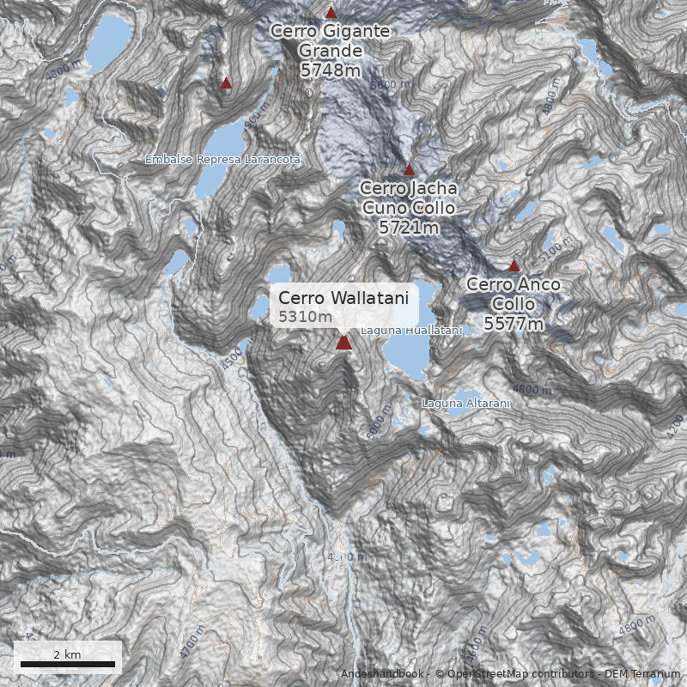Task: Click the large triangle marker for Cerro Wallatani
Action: [343, 343]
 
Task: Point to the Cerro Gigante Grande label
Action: [331, 41]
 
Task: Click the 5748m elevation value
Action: [331, 70]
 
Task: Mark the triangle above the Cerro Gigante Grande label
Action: [331, 12]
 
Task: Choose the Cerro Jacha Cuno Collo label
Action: [409, 198]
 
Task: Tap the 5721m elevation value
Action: [409, 228]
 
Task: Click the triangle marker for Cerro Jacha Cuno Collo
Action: [409, 169]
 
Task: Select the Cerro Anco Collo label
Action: [514, 294]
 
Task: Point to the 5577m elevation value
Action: [514, 324]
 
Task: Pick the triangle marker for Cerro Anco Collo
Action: [514, 265]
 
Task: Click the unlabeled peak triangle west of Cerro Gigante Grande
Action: [227, 83]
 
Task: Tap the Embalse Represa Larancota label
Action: [222, 160]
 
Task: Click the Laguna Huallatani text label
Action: [411, 331]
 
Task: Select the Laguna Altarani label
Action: [466, 403]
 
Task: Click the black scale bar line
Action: [67, 664]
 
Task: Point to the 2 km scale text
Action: [67, 654]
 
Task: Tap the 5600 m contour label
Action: [391, 85]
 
